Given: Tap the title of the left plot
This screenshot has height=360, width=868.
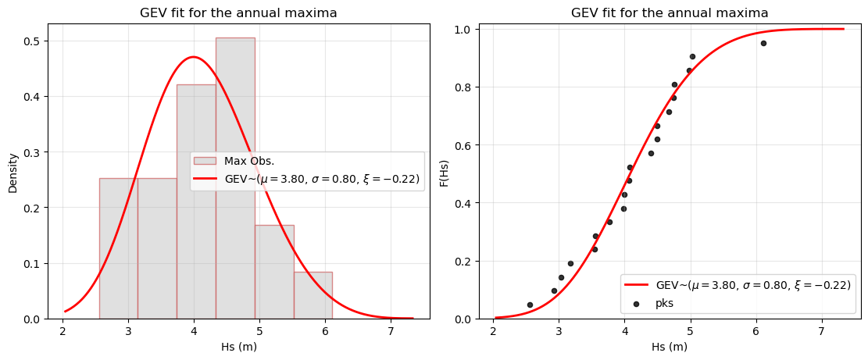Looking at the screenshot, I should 238,12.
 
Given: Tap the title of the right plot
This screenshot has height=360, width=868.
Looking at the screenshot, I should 670,12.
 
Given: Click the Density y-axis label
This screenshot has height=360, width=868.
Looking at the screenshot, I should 13,173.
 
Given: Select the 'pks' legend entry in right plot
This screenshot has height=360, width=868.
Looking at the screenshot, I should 665,303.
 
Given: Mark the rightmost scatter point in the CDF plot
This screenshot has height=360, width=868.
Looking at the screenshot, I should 763,43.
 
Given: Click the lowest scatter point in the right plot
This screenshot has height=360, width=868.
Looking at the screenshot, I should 530,305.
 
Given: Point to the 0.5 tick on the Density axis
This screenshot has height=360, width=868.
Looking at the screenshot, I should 34,41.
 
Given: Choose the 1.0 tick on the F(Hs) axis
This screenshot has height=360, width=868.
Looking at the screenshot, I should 464,30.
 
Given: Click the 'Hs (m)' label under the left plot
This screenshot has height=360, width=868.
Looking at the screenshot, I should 238,347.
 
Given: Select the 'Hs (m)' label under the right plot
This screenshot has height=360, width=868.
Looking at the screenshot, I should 670,347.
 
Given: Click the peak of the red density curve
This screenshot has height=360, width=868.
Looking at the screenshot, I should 193,57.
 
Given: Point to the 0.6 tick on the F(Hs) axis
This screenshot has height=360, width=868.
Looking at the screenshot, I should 464,145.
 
